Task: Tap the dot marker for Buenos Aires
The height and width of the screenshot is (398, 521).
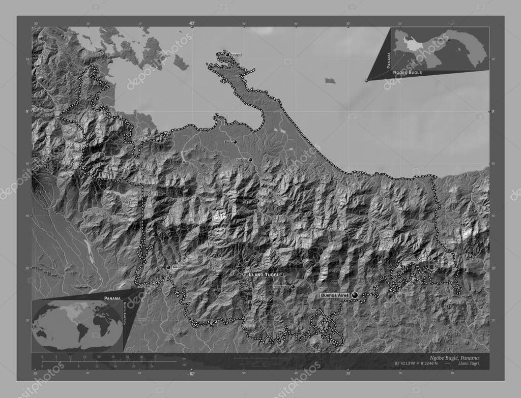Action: pos(355,295)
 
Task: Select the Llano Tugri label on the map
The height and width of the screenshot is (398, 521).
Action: pos(263,274)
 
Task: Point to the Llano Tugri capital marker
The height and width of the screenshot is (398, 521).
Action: pos(281,274)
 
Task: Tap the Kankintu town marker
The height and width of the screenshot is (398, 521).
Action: pos(250,160)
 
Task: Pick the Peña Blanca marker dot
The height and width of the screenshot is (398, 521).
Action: pos(293,287)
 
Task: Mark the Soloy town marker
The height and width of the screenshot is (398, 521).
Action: pos(168,267)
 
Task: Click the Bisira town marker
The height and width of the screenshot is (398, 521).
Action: pos(235,142)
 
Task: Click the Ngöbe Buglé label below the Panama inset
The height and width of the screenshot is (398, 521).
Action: pos(408,73)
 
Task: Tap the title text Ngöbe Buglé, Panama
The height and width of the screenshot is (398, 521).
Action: pos(454,358)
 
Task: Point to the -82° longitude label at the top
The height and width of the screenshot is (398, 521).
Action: pos(192,23)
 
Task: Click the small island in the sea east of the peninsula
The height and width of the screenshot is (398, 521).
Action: pos(330,80)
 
